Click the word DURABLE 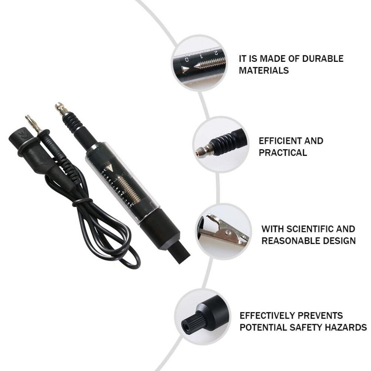(x=323, y=58)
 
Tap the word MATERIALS (x=264, y=70)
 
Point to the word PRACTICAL (x=283, y=153)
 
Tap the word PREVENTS (x=320, y=316)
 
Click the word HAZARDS (x=346, y=327)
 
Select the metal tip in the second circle (x=203, y=149)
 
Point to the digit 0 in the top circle (x=187, y=59)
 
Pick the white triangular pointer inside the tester (x=109, y=167)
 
